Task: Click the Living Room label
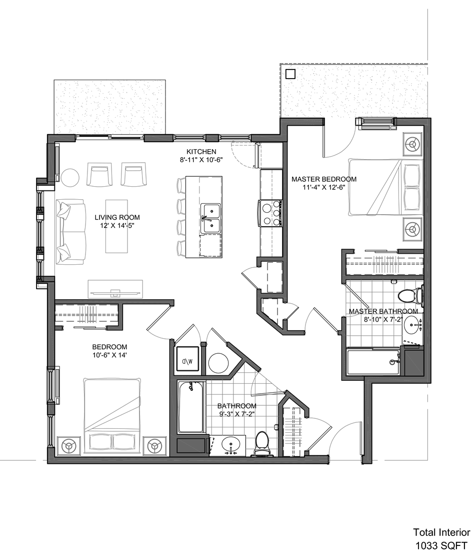point(117,217)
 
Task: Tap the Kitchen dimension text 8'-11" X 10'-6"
point(201,160)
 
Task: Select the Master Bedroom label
point(324,179)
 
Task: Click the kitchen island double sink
point(210,218)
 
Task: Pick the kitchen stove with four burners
point(271,213)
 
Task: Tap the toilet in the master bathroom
point(410,295)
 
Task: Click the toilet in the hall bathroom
point(262,443)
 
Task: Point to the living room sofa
point(71,232)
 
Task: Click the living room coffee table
point(116,226)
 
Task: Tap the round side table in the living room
point(70,177)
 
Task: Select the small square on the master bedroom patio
point(290,74)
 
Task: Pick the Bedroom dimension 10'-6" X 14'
point(109,355)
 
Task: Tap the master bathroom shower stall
point(373,362)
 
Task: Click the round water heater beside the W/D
point(218,362)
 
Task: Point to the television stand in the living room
point(115,289)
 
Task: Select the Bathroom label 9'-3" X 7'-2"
point(236,410)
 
